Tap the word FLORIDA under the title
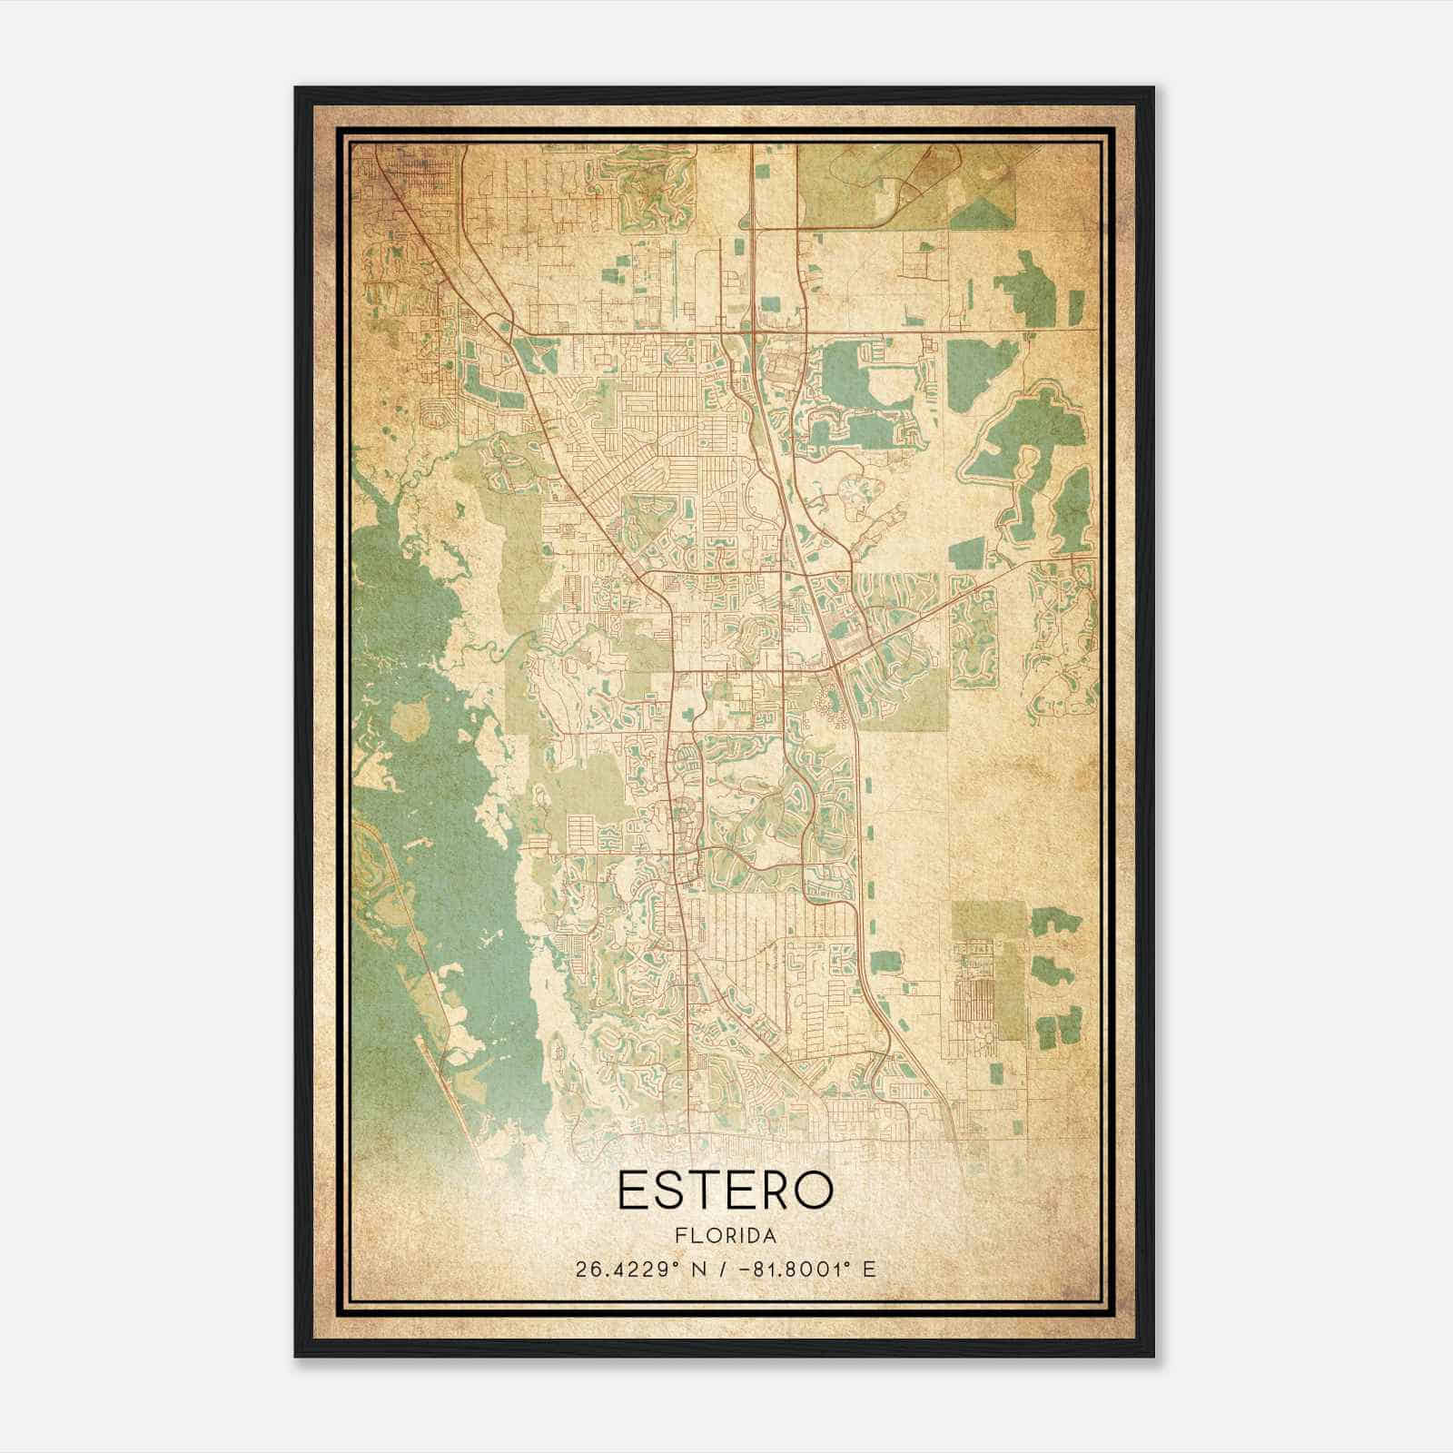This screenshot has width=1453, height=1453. click(726, 1236)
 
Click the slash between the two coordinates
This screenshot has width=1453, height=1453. click(723, 1270)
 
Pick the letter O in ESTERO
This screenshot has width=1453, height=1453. click(812, 1190)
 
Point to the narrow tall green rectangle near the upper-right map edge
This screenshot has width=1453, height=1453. click(1075, 307)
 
